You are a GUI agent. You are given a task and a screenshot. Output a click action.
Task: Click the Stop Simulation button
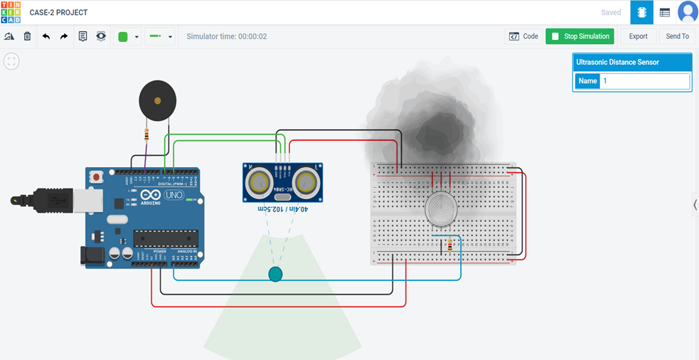(580, 36)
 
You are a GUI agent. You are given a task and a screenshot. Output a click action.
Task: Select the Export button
(638, 36)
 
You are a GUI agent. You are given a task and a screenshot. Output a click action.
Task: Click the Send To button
(677, 36)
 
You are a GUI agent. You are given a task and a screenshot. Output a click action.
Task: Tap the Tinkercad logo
(11, 12)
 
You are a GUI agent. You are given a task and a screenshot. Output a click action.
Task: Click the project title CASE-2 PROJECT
(58, 13)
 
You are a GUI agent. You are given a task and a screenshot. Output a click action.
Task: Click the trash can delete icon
(27, 36)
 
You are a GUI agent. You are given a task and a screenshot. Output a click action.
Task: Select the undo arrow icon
(46, 36)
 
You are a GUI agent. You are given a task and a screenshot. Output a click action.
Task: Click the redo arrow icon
(64, 36)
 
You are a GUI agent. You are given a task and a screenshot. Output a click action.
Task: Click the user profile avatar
(687, 12)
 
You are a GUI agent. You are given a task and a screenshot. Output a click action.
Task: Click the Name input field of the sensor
(644, 81)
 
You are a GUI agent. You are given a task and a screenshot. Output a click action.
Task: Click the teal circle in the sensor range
(275, 274)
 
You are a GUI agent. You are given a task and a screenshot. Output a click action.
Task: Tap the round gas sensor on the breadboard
(441, 209)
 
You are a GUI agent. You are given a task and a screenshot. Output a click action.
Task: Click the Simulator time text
(227, 36)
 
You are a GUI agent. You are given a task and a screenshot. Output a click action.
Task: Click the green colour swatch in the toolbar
(122, 37)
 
